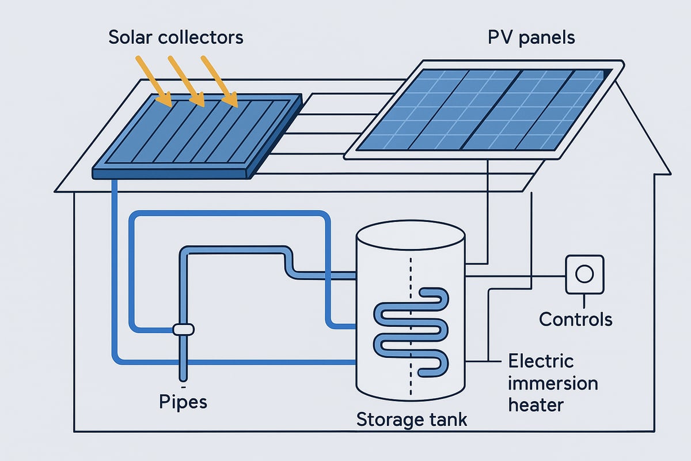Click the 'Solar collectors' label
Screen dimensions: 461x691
pyautogui.click(x=176, y=37)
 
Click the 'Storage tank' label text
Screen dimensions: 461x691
pyautogui.click(x=411, y=419)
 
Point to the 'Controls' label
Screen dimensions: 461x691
pyautogui.click(x=575, y=318)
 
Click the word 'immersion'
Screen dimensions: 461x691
pyautogui.click(x=553, y=383)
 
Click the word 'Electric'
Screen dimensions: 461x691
pyautogui.click(x=541, y=361)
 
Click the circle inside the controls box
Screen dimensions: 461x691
pyautogui.click(x=584, y=274)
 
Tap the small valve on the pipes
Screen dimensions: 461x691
pyautogui.click(x=184, y=329)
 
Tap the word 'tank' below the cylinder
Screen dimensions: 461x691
pyautogui.click(x=447, y=419)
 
